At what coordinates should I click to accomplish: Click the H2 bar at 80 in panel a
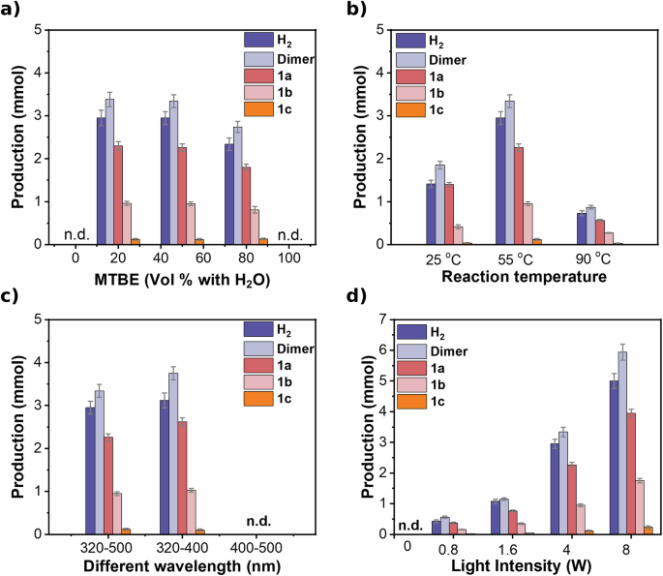(228, 194)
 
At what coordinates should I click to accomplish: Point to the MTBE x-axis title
(171, 280)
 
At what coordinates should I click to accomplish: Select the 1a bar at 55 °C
(518, 196)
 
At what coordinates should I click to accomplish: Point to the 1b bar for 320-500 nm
(116, 513)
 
